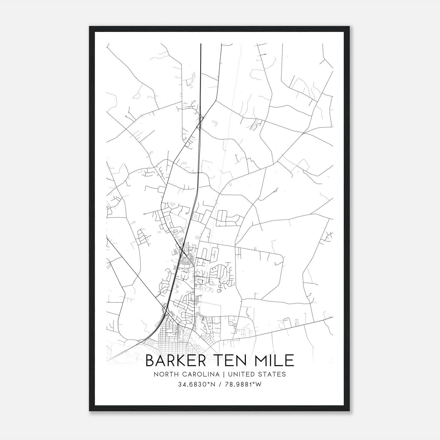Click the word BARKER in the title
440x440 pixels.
pyautogui.click(x=175, y=361)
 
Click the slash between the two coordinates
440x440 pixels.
pyautogui.click(x=220, y=384)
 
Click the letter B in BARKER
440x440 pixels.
pyautogui.click(x=150, y=361)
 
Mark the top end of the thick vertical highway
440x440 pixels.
pyautogui.click(x=201, y=44)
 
